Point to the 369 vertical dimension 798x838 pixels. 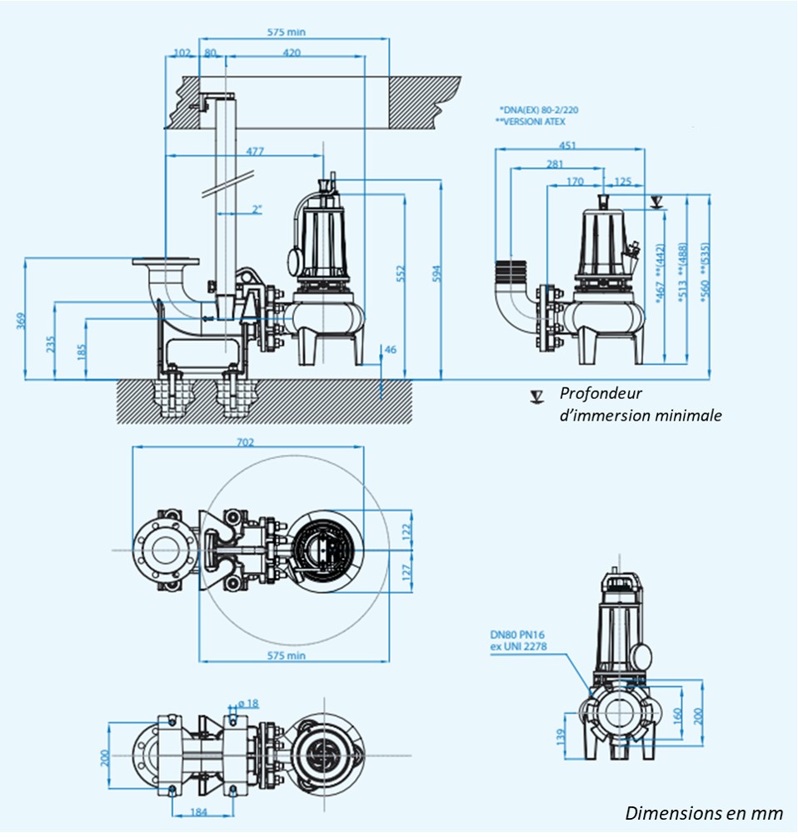point(20,322)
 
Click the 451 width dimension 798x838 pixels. point(566,145)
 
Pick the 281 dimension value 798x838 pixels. point(555,164)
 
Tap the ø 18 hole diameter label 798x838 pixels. point(247,704)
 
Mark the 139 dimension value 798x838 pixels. point(561,736)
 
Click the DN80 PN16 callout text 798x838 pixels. point(517,635)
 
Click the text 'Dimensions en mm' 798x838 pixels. point(704,813)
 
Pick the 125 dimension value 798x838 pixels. point(623,181)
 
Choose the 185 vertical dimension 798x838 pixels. point(81,350)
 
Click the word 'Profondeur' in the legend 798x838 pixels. point(601,394)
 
